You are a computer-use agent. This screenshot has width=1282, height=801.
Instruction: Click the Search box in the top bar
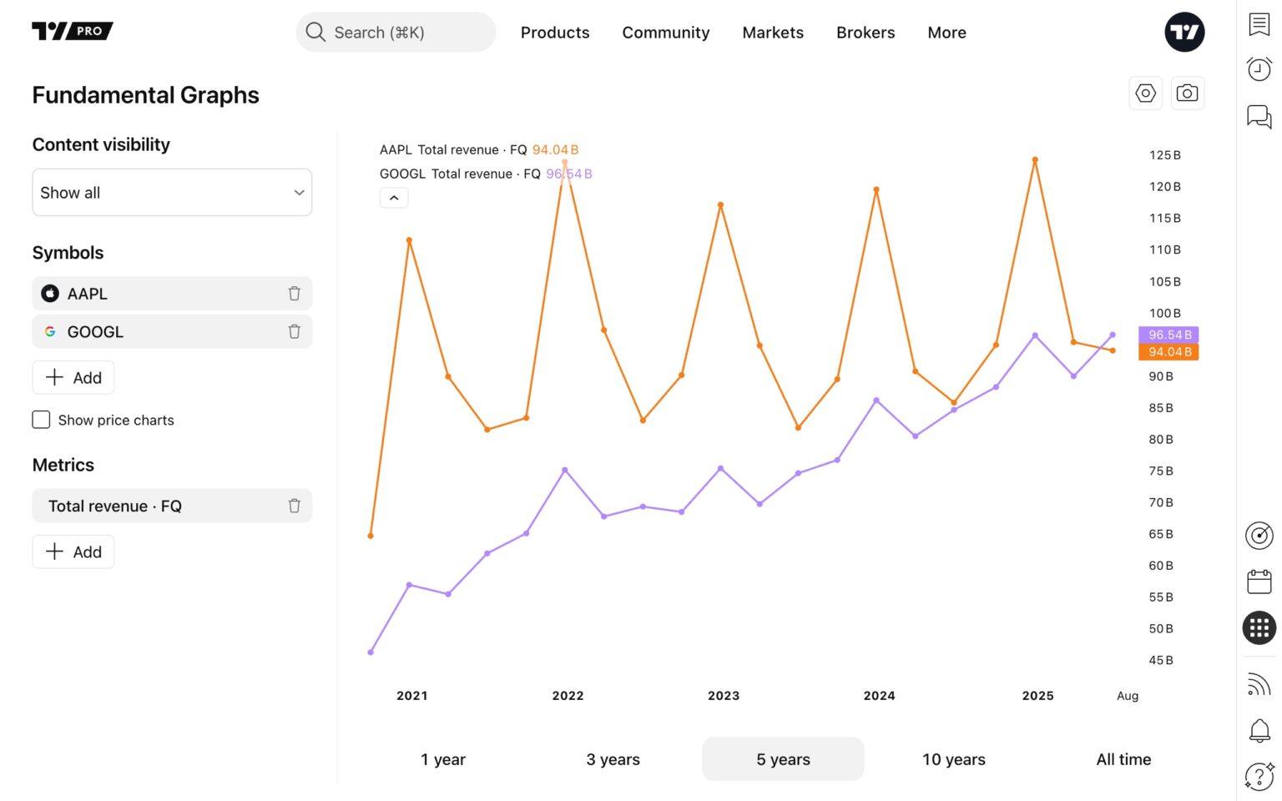click(396, 33)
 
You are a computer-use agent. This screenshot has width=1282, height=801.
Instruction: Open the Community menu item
click(665, 33)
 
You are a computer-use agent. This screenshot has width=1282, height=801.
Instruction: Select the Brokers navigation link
click(865, 33)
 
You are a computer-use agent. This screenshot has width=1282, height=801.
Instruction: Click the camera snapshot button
click(1187, 93)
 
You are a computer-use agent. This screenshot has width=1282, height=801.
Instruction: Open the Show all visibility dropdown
click(172, 193)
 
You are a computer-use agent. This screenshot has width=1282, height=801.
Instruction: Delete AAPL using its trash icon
click(294, 294)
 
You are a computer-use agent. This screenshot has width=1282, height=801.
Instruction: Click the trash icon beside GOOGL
click(294, 332)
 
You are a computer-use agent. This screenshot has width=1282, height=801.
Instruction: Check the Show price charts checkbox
click(41, 420)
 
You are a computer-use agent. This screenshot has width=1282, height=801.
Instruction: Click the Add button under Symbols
click(73, 378)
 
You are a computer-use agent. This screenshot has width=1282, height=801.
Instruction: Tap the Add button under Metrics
click(73, 552)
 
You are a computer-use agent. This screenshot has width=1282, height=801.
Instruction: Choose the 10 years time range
click(953, 759)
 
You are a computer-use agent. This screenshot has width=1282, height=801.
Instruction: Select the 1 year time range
click(443, 759)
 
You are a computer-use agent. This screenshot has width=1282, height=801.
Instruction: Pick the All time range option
click(1123, 759)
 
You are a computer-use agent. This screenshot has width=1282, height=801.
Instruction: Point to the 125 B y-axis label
click(1164, 155)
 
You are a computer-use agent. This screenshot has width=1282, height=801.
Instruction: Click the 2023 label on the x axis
click(724, 696)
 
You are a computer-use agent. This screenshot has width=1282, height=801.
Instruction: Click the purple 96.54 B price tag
click(1168, 335)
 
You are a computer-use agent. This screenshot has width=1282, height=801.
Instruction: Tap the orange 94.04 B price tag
click(1168, 352)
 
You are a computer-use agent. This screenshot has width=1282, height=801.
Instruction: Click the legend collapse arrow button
click(394, 198)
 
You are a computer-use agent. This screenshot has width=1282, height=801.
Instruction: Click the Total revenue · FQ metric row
click(159, 506)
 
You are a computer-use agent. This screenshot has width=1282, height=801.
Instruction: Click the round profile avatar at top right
click(1184, 33)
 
